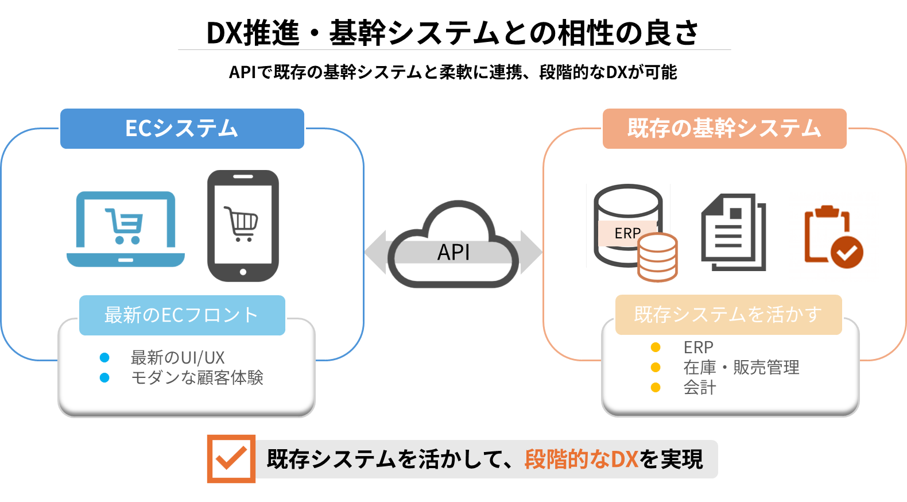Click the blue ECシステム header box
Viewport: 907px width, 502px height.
point(182,128)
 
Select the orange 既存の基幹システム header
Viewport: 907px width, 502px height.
point(724,128)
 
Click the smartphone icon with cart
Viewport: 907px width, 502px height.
point(243,225)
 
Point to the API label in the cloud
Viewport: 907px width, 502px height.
point(453,252)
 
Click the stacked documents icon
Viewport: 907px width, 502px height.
point(734,232)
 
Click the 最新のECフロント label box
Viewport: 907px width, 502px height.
point(182,315)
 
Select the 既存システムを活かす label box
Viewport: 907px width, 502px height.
point(728,314)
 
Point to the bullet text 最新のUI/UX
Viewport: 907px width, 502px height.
point(178,357)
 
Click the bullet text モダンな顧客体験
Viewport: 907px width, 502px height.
point(197,377)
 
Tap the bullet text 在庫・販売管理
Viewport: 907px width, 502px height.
point(741,367)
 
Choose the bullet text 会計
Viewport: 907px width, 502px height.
point(700,387)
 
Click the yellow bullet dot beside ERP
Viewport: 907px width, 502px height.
point(656,347)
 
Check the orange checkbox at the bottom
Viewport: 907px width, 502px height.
point(231,459)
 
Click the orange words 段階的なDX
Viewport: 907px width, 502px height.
point(581,459)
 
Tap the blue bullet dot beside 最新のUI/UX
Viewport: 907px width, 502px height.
point(104,357)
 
